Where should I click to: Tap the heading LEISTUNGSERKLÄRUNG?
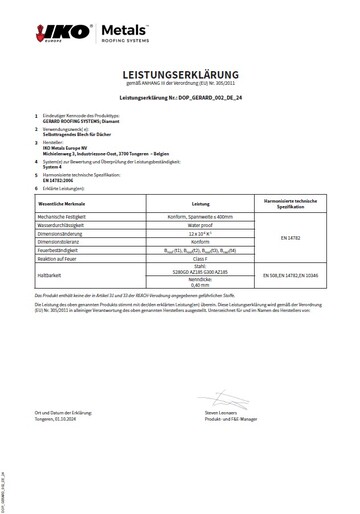point(180,75)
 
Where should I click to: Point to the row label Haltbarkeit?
point(49,274)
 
